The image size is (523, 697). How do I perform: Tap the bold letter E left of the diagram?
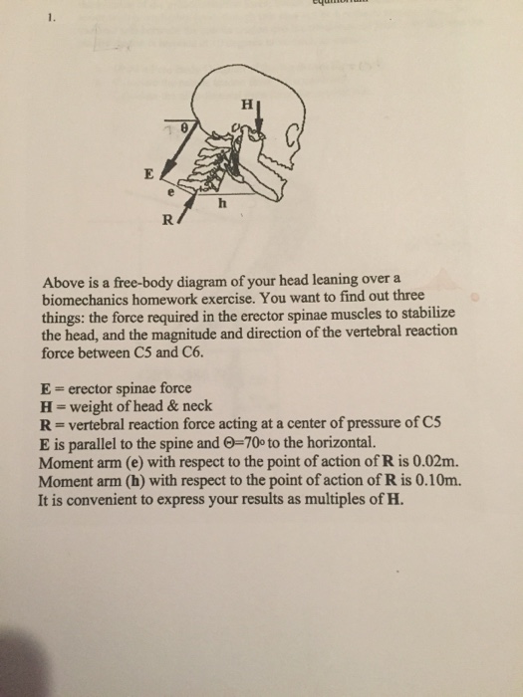[x=148, y=172]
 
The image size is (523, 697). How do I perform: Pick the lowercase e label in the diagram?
[x=171, y=189]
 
